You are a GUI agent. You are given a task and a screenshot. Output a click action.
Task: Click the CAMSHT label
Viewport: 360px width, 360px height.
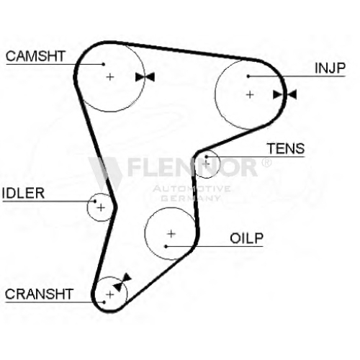point(35,56)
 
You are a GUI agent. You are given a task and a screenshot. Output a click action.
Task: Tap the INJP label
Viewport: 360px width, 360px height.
point(330,68)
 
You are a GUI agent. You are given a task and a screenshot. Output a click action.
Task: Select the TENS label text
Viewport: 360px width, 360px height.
point(286,148)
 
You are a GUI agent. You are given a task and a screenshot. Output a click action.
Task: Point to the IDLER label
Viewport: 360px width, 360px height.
point(23,193)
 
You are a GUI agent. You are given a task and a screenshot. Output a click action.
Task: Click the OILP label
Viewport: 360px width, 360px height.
point(246,238)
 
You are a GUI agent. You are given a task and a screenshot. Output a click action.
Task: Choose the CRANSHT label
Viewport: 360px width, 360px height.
point(39,294)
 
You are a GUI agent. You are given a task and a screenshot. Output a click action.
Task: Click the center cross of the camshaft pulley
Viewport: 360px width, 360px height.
point(110,77)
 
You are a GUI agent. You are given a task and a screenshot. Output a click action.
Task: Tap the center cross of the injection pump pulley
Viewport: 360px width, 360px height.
point(250,94)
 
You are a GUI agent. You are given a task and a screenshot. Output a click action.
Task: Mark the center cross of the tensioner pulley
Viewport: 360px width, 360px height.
point(206,164)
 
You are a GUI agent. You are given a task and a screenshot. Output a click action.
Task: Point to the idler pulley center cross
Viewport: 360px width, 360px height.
point(101,207)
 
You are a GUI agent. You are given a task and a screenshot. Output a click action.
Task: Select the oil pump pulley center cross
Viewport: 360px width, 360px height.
point(171,233)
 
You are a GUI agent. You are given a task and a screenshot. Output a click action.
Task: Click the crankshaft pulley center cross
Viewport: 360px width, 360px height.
point(110,294)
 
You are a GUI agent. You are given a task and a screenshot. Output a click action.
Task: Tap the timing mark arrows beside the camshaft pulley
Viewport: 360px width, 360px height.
point(145,77)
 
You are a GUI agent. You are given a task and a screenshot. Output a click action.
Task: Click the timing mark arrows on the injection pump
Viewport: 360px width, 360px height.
point(284,94)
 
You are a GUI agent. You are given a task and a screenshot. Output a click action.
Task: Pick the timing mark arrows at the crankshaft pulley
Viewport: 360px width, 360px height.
point(122,282)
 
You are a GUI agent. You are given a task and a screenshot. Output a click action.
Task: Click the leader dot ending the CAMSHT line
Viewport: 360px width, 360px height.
point(104,64)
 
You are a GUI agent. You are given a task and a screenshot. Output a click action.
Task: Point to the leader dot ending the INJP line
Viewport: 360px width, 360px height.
point(248,76)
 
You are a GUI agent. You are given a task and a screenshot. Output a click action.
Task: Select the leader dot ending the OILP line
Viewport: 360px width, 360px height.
point(166,246)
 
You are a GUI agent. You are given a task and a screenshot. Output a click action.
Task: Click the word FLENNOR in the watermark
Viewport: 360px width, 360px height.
point(192,167)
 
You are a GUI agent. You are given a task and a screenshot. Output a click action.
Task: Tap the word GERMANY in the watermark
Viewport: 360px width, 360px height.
point(190,198)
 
